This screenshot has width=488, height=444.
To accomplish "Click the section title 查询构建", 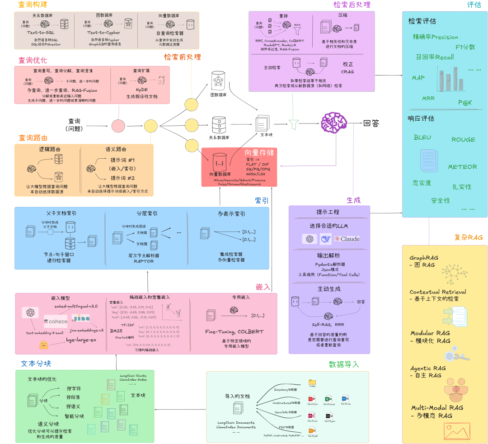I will tap(33, 5).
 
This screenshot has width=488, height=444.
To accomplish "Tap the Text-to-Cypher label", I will tap(103, 33).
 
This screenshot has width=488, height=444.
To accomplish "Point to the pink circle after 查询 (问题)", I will tap(118, 125).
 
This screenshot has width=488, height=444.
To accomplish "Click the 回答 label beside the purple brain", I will tap(371, 123).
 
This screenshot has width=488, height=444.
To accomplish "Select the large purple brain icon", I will tap(334, 123).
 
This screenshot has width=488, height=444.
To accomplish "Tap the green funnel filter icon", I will tap(294, 124).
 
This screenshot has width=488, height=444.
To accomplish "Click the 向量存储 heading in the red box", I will tap(259, 153).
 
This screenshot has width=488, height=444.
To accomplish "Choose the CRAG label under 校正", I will tap(347, 72).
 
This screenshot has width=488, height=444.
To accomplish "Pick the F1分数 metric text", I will tap(465, 47).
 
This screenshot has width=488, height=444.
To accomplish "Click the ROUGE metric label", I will tap(463, 140).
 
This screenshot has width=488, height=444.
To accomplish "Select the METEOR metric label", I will tap(462, 167).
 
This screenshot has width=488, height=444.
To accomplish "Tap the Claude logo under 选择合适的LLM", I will tap(347, 239).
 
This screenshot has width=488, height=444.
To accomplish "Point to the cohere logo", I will tap(56, 321).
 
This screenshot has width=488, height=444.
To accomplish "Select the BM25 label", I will tap(116, 331).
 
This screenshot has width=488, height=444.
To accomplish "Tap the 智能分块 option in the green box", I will tap(74, 416).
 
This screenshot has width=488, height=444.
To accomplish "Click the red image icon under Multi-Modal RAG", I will tap(456, 431).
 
